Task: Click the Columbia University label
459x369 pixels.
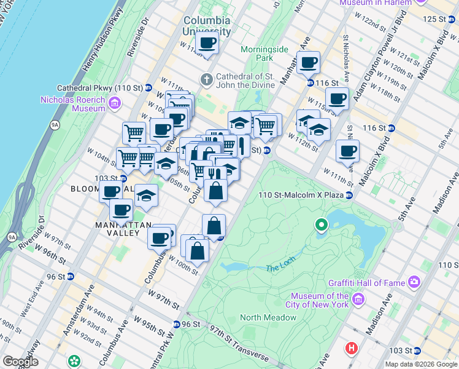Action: (207, 25)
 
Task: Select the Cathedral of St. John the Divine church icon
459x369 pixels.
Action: (207, 79)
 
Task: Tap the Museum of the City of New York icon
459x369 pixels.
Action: (358, 301)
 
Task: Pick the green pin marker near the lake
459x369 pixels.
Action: (322, 226)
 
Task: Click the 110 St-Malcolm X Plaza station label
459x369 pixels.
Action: (299, 195)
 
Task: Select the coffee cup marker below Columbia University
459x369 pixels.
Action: (207, 43)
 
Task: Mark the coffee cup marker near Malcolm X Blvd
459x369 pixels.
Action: (347, 151)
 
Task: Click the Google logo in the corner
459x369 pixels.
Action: (20, 361)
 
